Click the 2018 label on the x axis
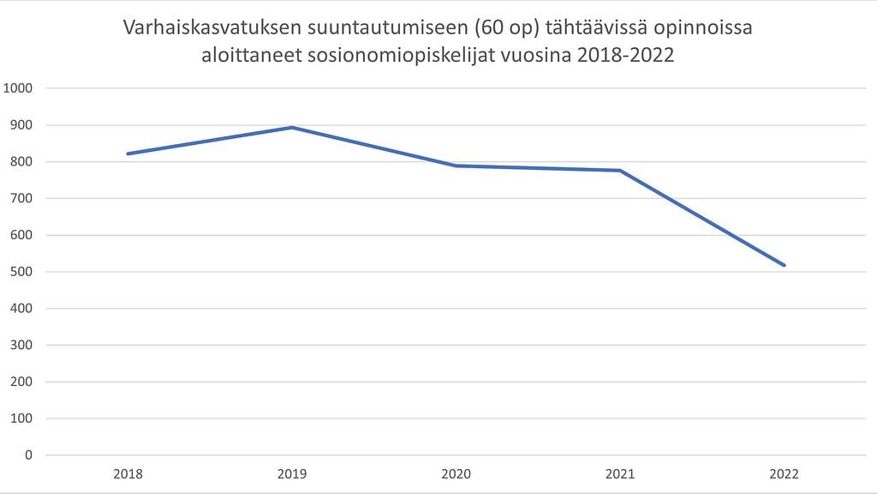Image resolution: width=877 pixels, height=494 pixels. coord(128,474)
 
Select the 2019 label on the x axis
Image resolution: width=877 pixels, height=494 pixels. coord(292,474)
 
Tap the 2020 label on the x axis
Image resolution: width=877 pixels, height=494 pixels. coord(456,474)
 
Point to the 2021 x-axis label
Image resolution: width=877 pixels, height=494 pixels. coord(620,474)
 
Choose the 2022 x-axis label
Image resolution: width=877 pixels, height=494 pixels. coord(784,474)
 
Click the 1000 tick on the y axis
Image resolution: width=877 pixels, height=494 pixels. coord(18,88)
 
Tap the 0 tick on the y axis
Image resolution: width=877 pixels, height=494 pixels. coord(29,455)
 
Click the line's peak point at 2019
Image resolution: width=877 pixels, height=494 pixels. coord(292,128)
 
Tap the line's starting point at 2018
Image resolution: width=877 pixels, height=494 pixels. coord(128,154)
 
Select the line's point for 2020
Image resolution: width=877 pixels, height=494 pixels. coord(456,166)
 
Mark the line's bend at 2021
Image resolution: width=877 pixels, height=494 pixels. coord(620,171)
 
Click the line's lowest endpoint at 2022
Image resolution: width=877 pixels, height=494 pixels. coord(784,265)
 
